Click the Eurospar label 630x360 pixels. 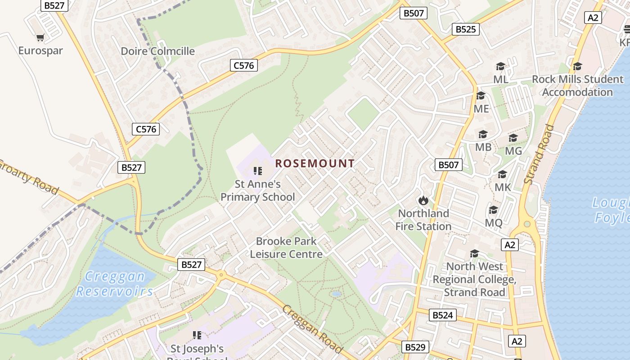40,50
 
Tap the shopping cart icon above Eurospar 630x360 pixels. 40,38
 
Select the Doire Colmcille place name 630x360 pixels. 157,51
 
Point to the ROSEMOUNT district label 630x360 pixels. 315,163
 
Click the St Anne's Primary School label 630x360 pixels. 257,190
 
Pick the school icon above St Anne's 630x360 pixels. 257,171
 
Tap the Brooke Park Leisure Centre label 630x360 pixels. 286,247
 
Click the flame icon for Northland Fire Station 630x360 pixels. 423,200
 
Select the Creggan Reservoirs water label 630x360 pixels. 115,284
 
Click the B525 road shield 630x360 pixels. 465,30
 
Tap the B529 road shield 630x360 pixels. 414,347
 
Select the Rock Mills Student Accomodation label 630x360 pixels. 577,85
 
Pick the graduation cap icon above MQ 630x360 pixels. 494,210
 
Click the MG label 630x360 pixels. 513,151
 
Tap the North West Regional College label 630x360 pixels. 474,279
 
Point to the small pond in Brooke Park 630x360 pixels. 335,294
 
